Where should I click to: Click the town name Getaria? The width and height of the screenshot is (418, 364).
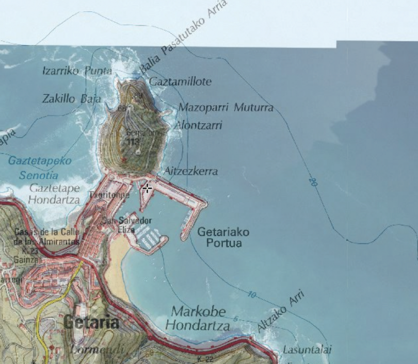click(x=91, y=323)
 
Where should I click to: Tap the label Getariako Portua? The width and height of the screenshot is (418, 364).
click(x=223, y=238)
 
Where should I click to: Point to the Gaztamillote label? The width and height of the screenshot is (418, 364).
click(x=180, y=81)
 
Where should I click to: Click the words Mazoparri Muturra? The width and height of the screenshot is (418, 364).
click(x=226, y=108)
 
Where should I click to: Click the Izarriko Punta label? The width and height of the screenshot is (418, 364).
click(x=76, y=71)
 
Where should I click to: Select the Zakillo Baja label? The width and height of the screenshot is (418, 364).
click(x=72, y=98)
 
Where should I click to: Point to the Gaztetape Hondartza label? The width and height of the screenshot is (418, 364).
click(x=54, y=193)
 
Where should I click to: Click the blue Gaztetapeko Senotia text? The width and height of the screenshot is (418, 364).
click(x=39, y=168)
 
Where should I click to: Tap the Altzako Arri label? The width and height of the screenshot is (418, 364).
click(x=281, y=311)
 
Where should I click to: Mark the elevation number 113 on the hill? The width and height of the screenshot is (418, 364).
click(x=133, y=141)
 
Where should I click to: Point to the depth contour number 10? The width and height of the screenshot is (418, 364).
click(x=251, y=295)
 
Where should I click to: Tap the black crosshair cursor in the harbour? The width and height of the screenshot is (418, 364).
click(x=147, y=188)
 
